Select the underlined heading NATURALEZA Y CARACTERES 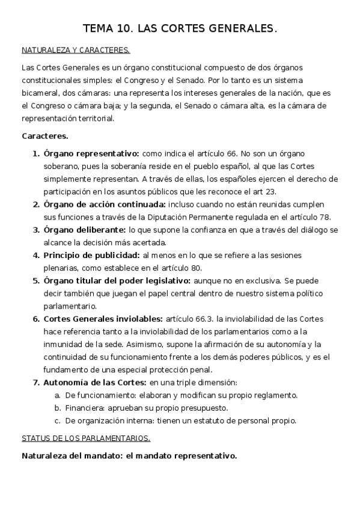pos(76,51)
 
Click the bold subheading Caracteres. pos(44,137)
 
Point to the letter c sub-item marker pos(56,420)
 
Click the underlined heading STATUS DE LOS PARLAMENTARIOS pos(86,438)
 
